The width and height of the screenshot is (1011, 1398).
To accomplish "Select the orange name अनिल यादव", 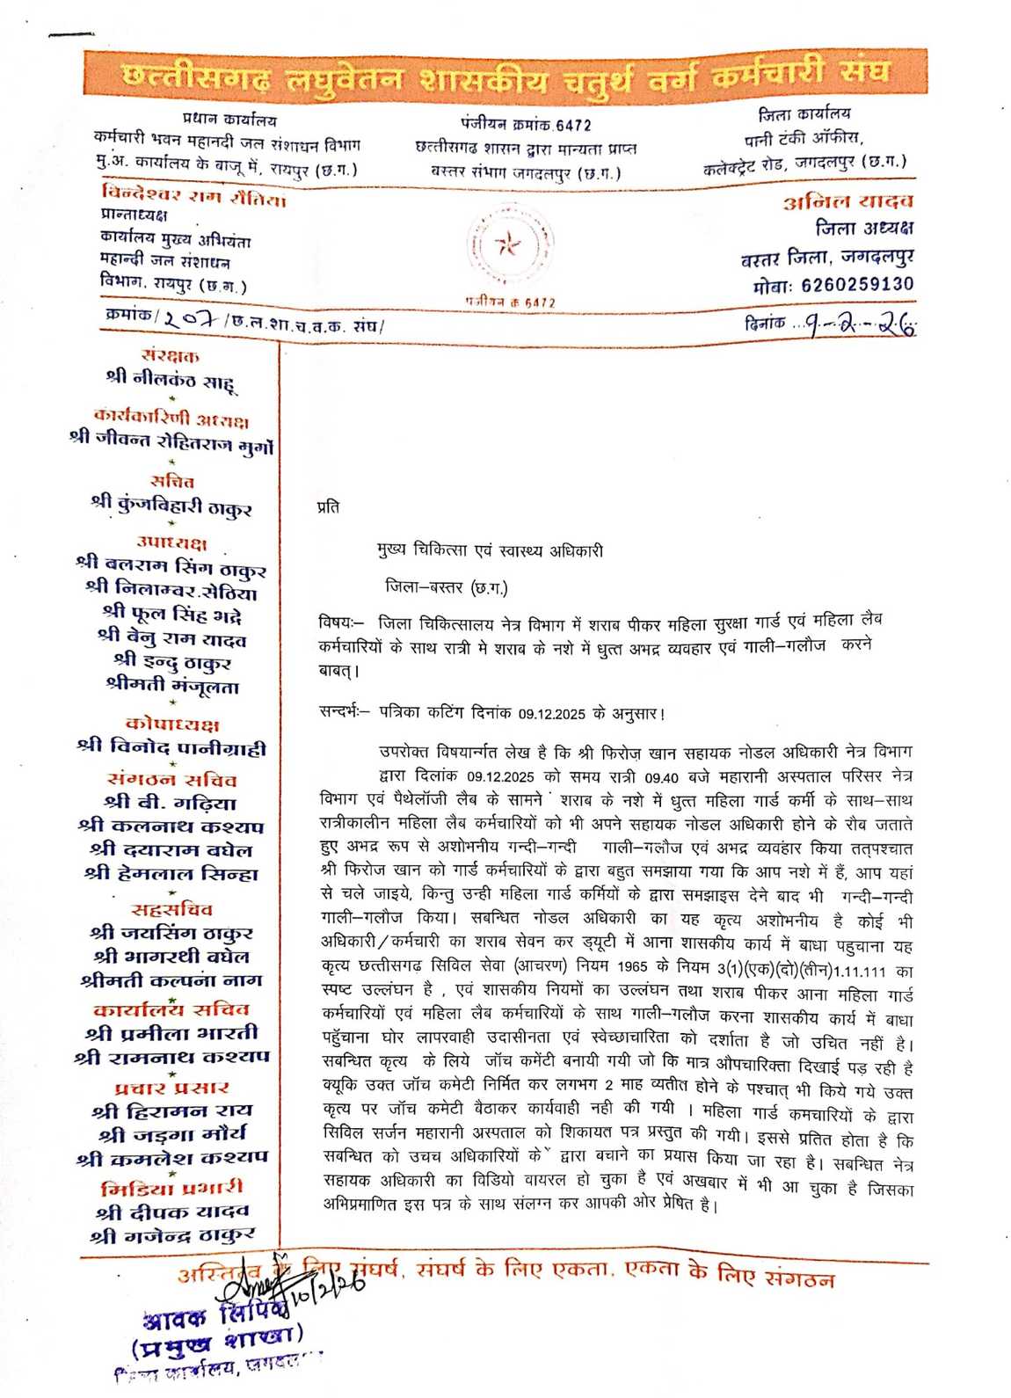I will pos(848,202).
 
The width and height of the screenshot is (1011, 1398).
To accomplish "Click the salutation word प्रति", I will pos(328,507).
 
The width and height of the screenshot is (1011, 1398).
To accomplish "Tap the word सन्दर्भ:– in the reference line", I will pos(345,713).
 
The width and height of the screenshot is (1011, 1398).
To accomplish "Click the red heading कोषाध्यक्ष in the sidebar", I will pos(172,724).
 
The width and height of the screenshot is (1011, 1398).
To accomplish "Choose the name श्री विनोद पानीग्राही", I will pos(171,748).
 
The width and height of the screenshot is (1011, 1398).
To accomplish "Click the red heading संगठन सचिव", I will pos(171,780).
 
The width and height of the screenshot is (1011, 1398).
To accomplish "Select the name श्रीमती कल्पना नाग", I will pos(171,980).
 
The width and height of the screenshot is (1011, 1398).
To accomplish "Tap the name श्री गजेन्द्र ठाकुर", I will pos(171,1235).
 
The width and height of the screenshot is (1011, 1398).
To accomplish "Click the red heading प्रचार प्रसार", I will pos(171,1088).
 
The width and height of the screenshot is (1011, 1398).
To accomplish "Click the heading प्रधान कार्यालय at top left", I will pos(229,120).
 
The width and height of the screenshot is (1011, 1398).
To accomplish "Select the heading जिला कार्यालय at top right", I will pos(804,114).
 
